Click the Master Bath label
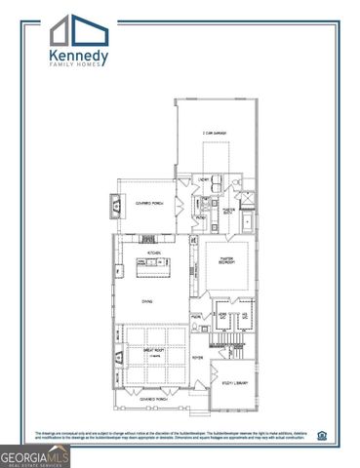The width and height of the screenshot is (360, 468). [x=231, y=209]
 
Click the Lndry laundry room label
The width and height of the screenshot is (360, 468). [x=206, y=179]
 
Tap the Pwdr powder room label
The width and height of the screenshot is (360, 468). [x=196, y=316]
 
